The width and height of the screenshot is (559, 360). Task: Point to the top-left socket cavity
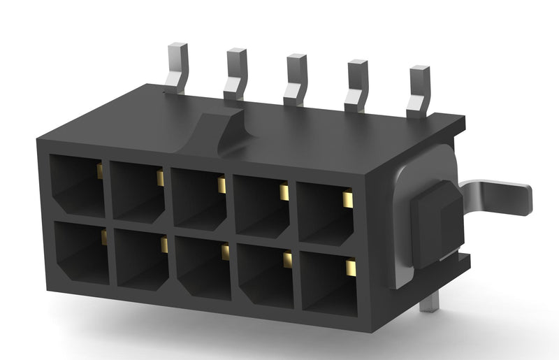click(77, 185)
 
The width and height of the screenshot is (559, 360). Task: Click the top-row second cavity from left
click(138, 191)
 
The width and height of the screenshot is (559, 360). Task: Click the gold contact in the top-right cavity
click(347, 200)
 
